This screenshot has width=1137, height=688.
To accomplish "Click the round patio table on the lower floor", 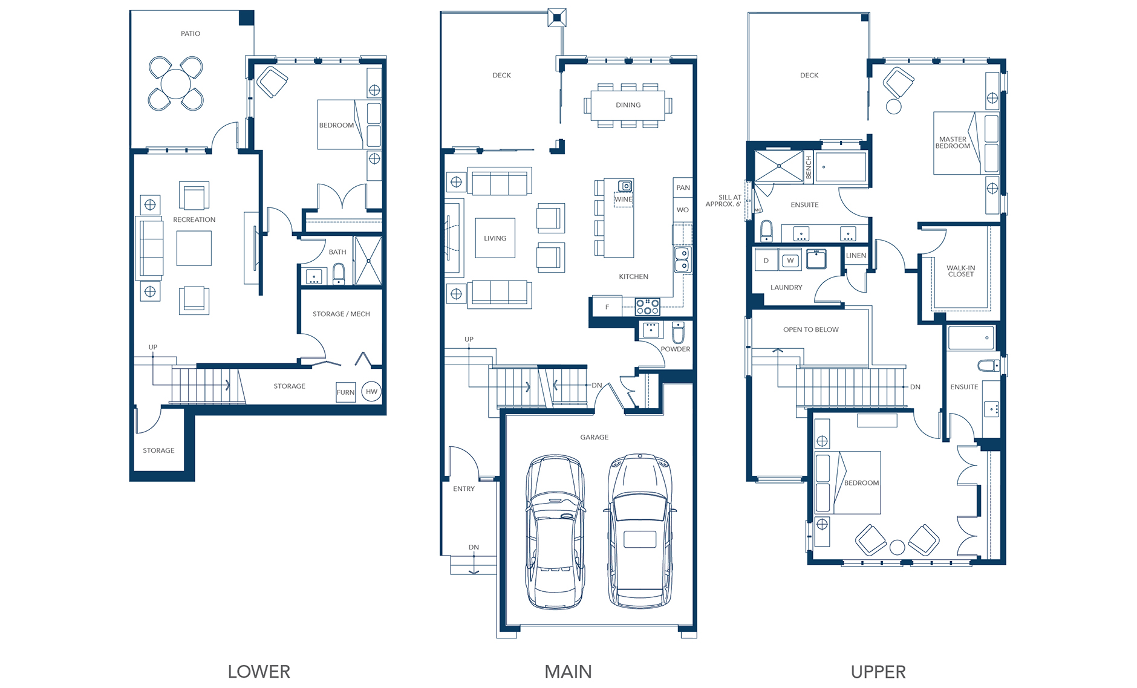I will [x=176, y=83].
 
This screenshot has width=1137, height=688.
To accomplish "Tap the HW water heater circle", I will [x=371, y=392].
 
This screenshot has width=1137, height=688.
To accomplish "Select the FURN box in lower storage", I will [x=345, y=392].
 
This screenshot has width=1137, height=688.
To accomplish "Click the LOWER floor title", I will [x=259, y=672].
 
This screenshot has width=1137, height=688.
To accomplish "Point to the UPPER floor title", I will [x=878, y=672].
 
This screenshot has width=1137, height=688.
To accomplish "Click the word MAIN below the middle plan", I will [x=568, y=672].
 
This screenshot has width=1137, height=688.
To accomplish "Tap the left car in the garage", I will [x=555, y=532].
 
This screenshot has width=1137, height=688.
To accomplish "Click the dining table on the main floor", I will [x=628, y=105].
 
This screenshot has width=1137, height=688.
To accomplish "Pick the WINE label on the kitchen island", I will [x=624, y=199].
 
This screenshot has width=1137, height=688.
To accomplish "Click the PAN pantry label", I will [x=683, y=188].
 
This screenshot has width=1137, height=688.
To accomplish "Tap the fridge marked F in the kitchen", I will [x=607, y=307].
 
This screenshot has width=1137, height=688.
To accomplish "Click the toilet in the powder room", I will [x=678, y=333].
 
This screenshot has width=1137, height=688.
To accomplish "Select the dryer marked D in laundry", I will [x=766, y=261].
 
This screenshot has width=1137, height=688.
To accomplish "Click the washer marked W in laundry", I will [x=790, y=261].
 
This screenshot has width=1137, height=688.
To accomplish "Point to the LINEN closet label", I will [x=856, y=256].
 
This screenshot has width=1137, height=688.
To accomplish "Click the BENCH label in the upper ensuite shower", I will [x=809, y=167].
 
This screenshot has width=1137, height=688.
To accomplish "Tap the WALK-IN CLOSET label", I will [x=960, y=271].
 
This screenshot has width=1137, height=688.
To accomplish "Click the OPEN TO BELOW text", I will [x=810, y=329].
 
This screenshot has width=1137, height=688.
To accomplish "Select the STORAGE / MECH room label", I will [x=341, y=314].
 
